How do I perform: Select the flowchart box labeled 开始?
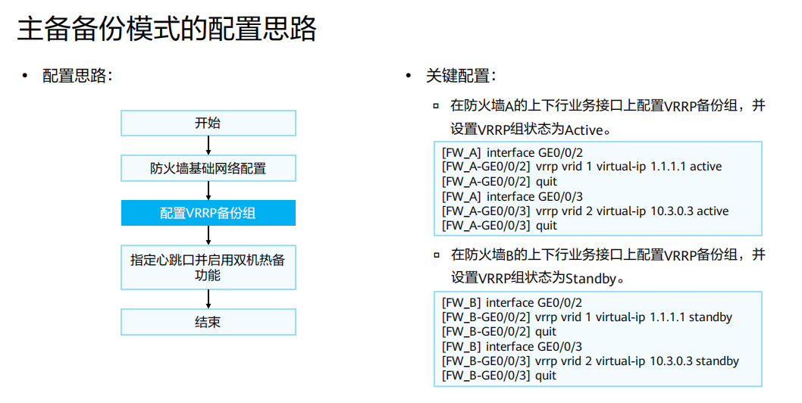(208, 123)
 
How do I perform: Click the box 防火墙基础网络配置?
(208, 168)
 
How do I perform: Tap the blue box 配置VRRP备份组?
(208, 213)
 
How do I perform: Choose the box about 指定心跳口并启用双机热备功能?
(208, 267)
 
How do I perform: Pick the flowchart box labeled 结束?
(208, 322)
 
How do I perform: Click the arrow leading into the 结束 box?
(208, 299)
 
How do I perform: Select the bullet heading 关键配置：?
(461, 76)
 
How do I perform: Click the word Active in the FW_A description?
(586, 128)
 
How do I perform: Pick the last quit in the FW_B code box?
(546, 375)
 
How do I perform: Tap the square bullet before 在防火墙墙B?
(436, 255)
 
